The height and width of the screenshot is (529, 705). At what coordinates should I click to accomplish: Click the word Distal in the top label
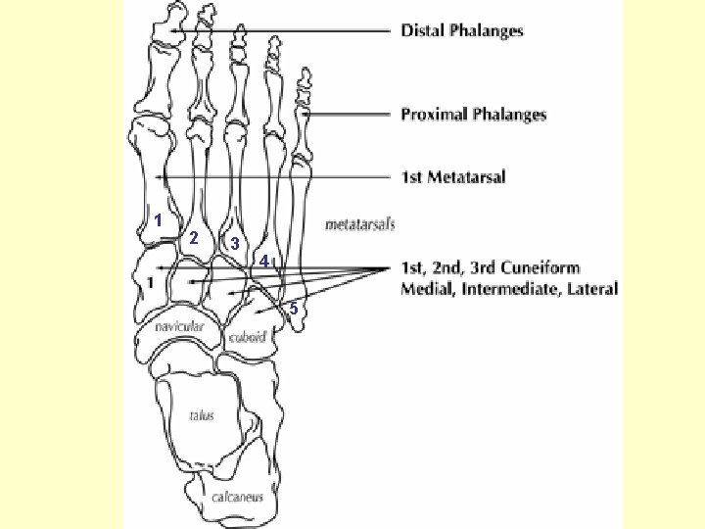[x=422, y=30]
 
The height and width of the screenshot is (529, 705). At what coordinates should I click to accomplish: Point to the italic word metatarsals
[x=359, y=224]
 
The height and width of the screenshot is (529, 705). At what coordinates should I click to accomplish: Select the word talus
[x=202, y=415]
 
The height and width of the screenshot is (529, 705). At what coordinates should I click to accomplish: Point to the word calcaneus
[x=238, y=497]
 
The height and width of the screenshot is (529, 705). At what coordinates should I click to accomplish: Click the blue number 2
[x=194, y=238]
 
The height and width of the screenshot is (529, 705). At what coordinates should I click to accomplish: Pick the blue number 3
[x=235, y=244]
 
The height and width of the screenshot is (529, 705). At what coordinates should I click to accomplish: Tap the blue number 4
[x=264, y=262]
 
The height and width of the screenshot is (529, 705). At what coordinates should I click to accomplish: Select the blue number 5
[x=293, y=309]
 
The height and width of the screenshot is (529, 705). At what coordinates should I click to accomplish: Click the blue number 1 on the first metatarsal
[x=157, y=220]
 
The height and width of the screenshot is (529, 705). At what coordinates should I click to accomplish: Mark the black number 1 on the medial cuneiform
[x=150, y=282]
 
